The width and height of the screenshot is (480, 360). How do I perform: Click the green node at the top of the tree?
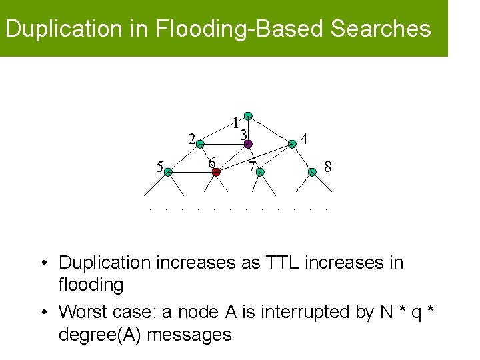pos(247,115)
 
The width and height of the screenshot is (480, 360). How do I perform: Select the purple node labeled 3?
pos(247,143)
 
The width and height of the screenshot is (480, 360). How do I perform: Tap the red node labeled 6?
pos(216,172)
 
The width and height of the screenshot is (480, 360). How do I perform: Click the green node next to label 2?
pos(200,143)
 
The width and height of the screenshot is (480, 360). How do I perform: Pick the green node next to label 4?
pos(291,143)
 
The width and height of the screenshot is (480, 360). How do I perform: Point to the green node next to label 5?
pos(168,172)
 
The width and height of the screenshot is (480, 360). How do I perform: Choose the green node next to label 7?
pos(260,172)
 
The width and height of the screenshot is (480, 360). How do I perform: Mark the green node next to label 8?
pos(312,172)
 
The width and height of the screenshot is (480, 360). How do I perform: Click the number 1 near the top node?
pos(235,123)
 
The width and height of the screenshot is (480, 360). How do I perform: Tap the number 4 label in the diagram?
pos(304,139)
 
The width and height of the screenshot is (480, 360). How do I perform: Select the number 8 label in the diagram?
pos(327,166)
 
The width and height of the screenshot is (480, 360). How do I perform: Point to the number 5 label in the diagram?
pos(159,167)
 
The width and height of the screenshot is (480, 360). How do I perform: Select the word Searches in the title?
pos(381,29)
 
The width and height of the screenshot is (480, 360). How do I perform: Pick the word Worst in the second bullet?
pos(80,312)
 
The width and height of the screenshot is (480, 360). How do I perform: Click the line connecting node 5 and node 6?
pos(192,172)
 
